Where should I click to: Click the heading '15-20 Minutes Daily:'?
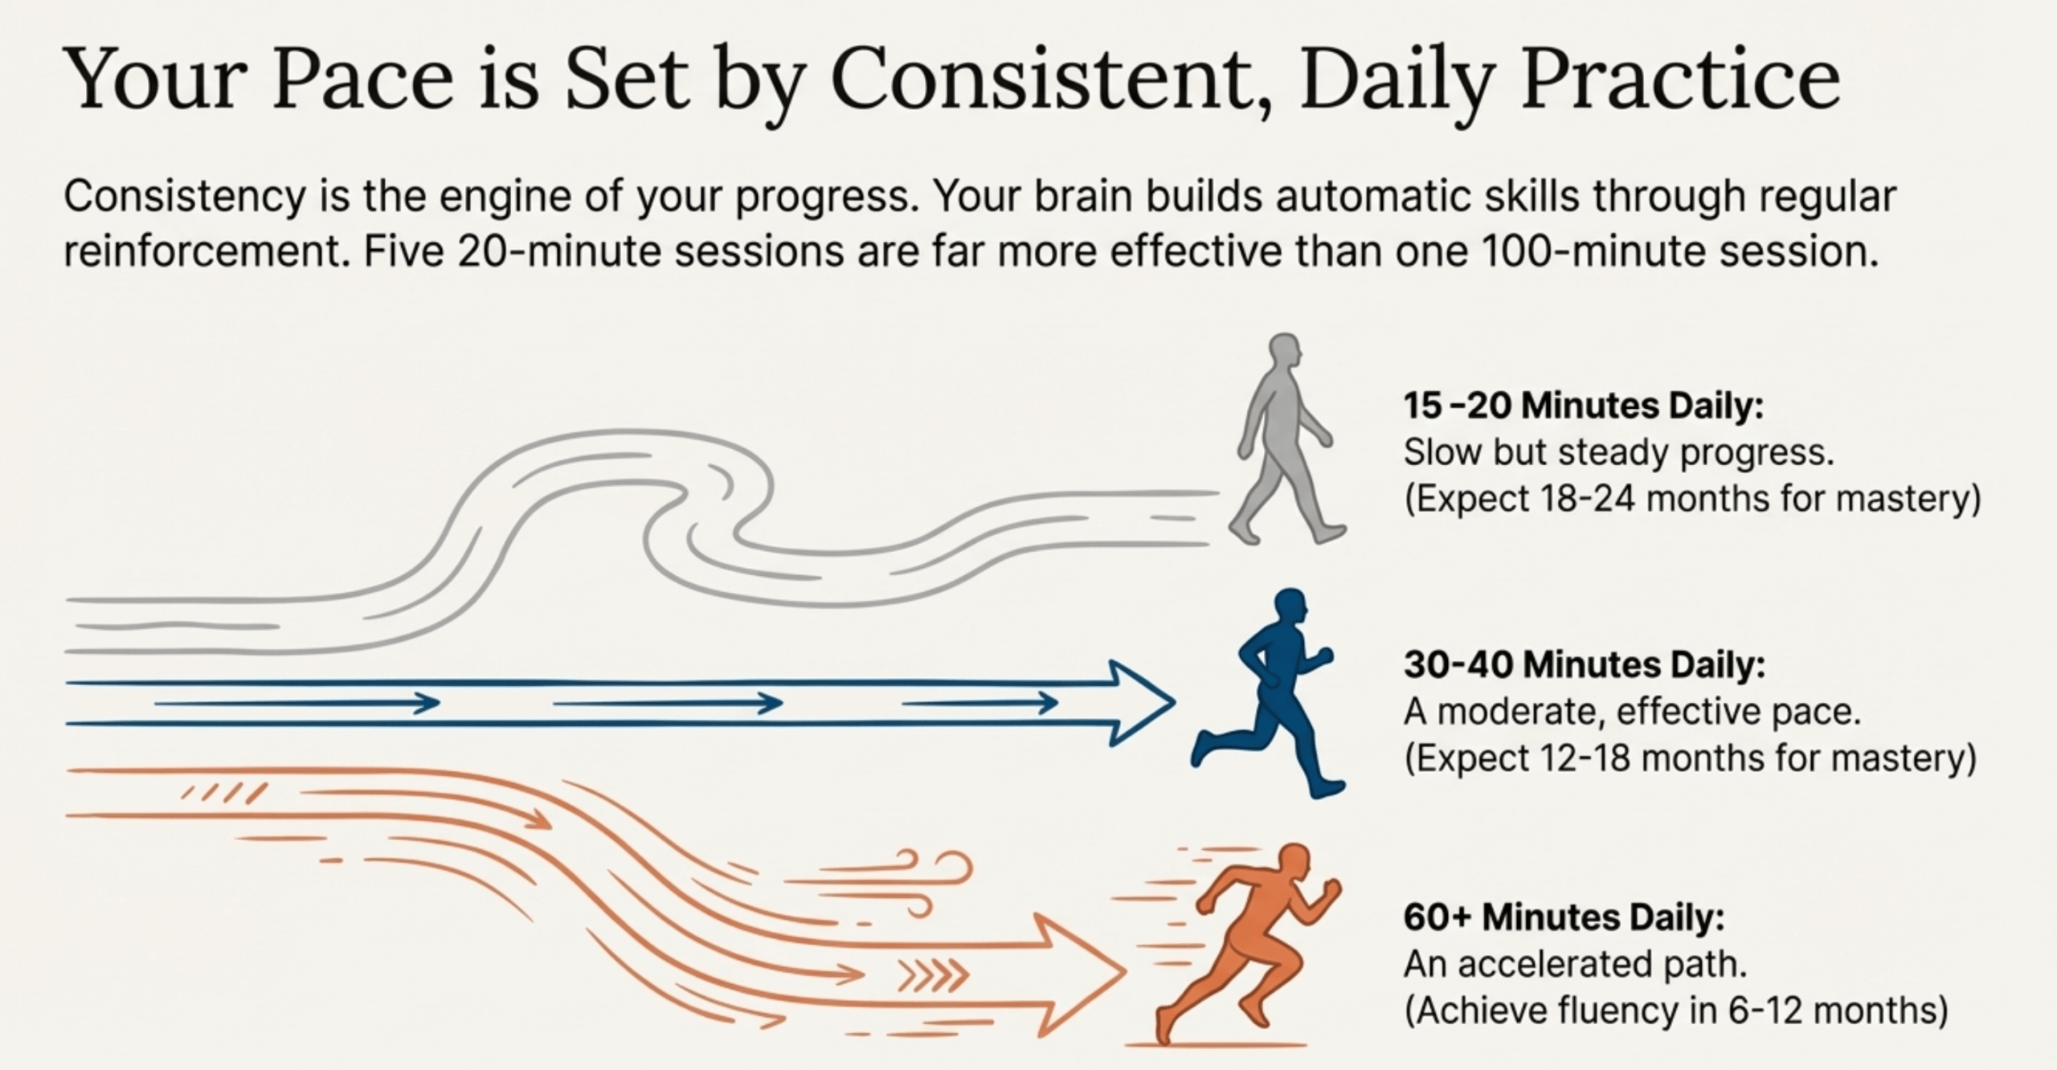[1583, 406]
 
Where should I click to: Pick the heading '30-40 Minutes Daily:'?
[1585, 664]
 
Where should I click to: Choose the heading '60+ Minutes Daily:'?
[1564, 917]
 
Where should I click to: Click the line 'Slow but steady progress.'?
[1619, 452]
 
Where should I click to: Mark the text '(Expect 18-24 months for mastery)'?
[1692, 500]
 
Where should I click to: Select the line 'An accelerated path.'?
[1576, 965]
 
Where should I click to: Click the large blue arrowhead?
[1141, 703]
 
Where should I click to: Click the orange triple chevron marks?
[933, 976]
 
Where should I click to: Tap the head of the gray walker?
[1285, 351]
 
